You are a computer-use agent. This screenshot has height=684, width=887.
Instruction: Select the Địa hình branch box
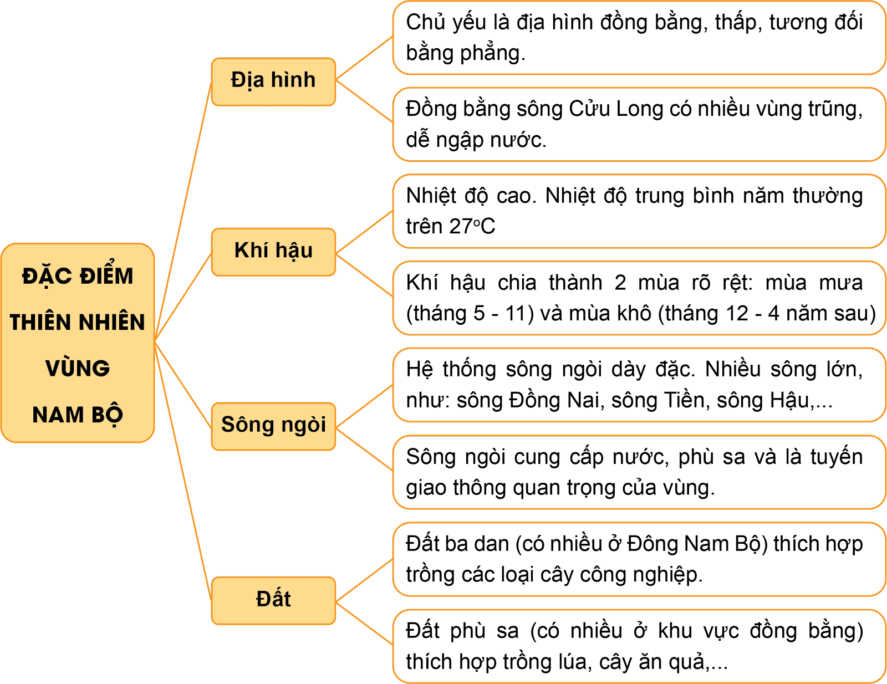(x=273, y=81)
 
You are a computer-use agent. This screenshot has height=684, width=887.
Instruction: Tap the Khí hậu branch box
(x=273, y=252)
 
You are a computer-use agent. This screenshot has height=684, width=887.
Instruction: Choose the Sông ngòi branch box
(x=273, y=426)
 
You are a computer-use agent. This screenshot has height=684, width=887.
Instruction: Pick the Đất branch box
(x=273, y=600)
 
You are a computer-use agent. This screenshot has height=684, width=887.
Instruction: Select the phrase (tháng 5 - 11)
(x=470, y=314)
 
